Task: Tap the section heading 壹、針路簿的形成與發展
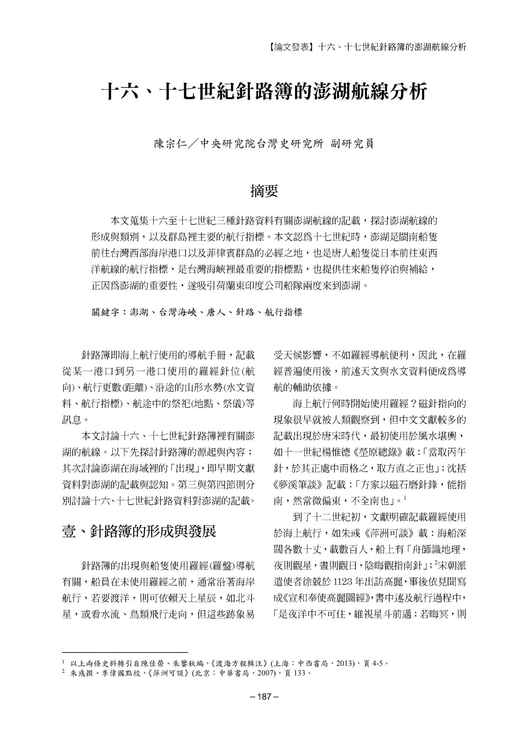[x=139, y=532]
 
